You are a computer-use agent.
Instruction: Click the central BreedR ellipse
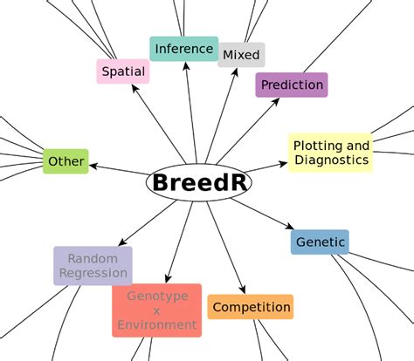pos(199,182)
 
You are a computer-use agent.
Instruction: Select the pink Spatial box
pos(123,72)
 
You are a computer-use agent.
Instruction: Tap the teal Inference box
pos(183,49)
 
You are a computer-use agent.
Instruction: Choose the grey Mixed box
pos(241,55)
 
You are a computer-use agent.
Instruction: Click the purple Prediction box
pos(292,85)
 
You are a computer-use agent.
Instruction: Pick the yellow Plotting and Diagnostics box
pos(331,153)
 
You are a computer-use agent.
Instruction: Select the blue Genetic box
pos(320,242)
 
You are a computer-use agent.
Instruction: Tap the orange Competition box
pos(251,307)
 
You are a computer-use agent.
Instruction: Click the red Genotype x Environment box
pos(157,310)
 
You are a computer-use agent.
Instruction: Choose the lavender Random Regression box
pos(93,266)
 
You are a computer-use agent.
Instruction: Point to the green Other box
pos(66,161)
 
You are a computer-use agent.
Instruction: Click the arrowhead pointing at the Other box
pos(93,167)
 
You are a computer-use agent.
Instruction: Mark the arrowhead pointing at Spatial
pos(135,88)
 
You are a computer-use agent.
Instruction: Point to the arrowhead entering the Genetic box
pos(290,226)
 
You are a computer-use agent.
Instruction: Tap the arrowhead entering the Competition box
pos(243,289)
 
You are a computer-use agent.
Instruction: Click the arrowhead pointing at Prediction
pos(276,101)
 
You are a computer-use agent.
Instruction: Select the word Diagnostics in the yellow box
pos(332,160)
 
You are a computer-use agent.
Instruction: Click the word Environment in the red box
pos(157,325)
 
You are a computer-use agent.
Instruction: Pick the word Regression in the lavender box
pos(93,273)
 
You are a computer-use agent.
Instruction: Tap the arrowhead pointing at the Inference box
pos(186,65)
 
